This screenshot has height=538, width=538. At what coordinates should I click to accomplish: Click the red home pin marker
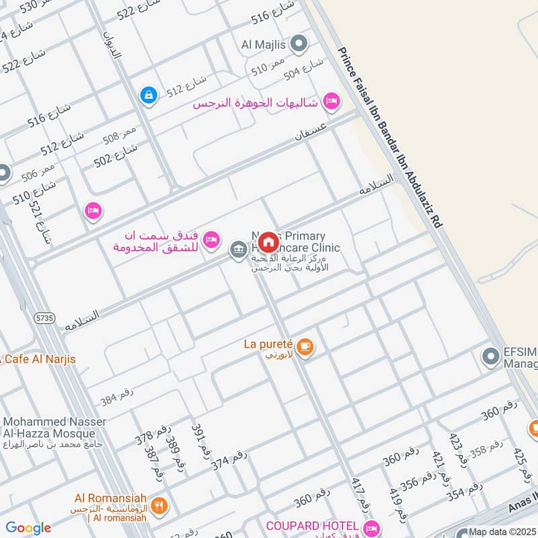pyautogui.click(x=268, y=241)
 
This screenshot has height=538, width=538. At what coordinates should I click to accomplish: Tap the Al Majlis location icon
pyautogui.click(x=299, y=45)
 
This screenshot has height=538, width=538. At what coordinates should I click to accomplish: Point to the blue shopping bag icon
pyautogui.click(x=147, y=96)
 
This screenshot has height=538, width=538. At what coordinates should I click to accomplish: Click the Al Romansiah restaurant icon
pyautogui.click(x=159, y=505)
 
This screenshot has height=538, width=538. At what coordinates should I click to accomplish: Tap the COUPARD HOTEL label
pyautogui.click(x=313, y=525)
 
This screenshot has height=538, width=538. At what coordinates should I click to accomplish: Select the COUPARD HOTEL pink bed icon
pyautogui.click(x=371, y=526)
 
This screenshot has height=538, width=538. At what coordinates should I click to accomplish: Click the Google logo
pyautogui.click(x=28, y=528)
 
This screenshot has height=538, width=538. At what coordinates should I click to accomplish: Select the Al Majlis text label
pyautogui.click(x=264, y=45)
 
